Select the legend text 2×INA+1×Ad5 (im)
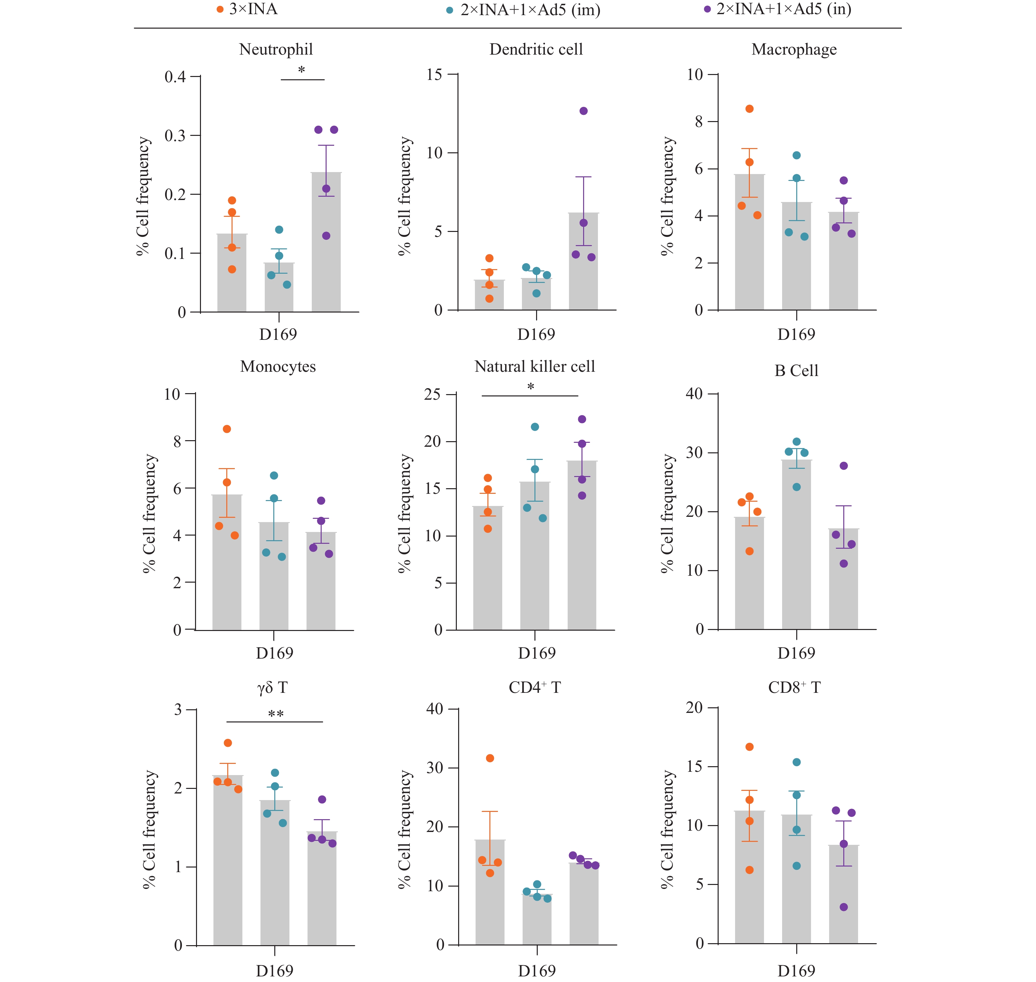point(530,10)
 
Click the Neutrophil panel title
point(276,49)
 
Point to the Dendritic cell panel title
point(536,49)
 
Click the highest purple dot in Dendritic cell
point(583,111)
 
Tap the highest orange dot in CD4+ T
point(490,758)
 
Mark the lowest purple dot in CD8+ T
point(844,907)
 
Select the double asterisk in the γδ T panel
point(276,714)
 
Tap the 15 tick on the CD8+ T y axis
point(694,766)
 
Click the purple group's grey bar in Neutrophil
point(326,246)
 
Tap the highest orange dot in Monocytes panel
point(227,429)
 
